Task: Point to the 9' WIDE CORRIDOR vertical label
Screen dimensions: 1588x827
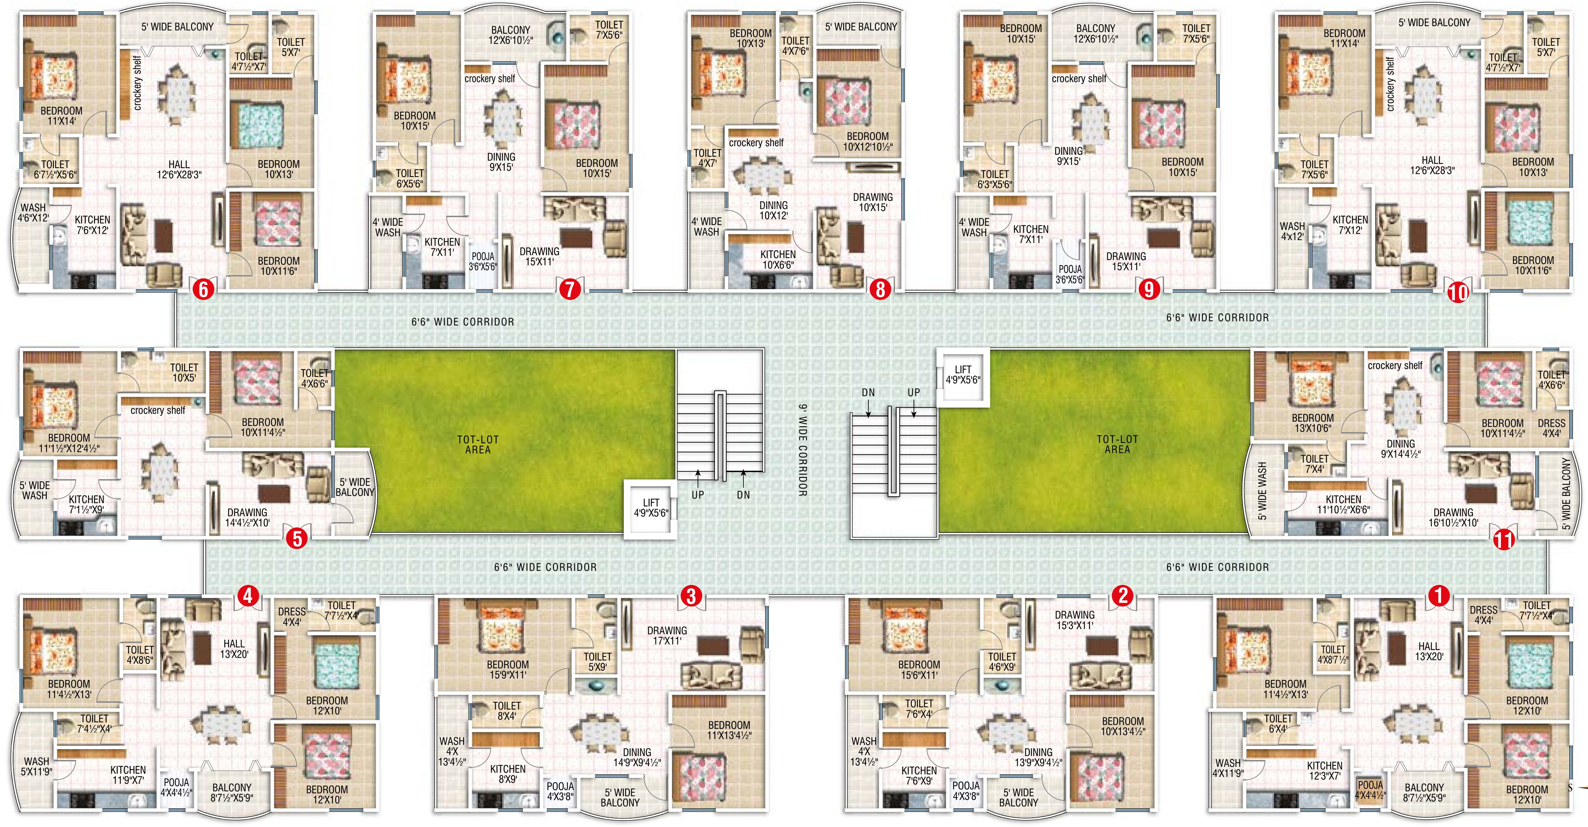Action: click(x=803, y=450)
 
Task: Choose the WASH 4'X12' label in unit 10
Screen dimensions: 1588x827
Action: click(x=1292, y=231)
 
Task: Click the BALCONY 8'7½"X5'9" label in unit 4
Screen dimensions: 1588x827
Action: click(x=232, y=792)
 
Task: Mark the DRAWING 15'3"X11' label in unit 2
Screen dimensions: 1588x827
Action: click(x=1075, y=620)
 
